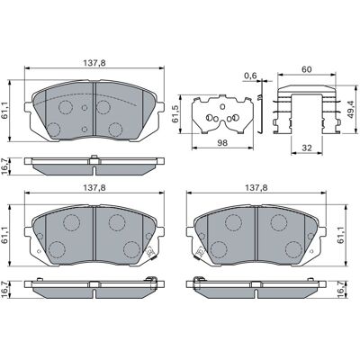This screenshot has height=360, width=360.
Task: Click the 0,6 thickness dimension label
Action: coord(250,76)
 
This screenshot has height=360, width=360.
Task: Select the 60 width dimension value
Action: coord(307,69)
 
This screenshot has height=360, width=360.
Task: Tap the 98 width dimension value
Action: coord(222,142)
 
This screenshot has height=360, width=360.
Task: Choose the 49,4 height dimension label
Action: coord(350,109)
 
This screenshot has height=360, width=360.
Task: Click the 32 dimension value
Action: coord(307,148)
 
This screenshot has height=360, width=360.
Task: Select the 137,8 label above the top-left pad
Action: coord(94,63)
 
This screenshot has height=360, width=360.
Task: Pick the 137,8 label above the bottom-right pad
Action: coord(256,188)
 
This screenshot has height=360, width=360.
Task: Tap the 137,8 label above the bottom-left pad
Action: coord(94,188)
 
